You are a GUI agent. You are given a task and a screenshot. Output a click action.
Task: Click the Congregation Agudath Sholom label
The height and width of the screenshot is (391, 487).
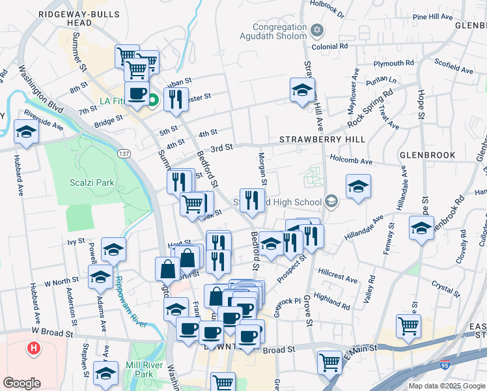[280, 31]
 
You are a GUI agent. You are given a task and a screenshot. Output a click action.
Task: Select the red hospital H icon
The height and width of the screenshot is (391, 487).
[33, 349]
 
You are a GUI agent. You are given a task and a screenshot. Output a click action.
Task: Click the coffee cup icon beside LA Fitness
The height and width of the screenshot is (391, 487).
[137, 94]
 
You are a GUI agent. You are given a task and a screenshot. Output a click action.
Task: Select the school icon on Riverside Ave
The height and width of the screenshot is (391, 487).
[27, 132]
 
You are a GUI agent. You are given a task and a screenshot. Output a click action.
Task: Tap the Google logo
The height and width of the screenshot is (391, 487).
[21, 383]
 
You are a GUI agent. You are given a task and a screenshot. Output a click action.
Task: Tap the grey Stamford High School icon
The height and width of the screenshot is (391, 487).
[332, 201]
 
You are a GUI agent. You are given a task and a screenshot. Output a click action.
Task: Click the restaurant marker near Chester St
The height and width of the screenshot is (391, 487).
[175, 99]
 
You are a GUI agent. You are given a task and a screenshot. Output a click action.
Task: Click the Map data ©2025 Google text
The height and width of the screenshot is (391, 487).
[446, 386]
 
